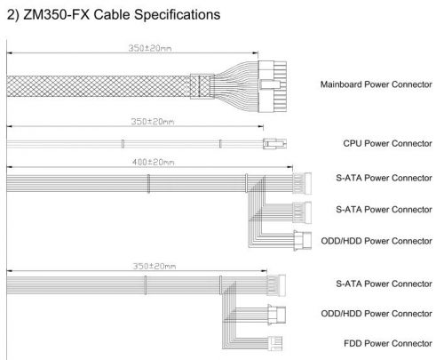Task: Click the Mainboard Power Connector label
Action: pyautogui.click(x=377, y=84)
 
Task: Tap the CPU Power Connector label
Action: pyautogui.click(x=387, y=143)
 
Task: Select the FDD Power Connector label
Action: pyautogui.click(x=388, y=343)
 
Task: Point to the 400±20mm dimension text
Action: pyautogui.click(x=153, y=162)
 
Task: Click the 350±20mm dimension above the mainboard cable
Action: pyautogui.click(x=150, y=48)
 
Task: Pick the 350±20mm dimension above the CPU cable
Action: pyautogui.click(x=153, y=122)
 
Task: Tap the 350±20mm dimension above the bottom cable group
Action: pyautogui.click(x=154, y=266)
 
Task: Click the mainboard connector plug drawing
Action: pyautogui.click(x=273, y=86)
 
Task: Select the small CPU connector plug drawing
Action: pyautogui.click(x=274, y=144)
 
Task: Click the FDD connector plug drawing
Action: pyautogui.click(x=275, y=343)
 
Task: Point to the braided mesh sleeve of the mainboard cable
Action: pyautogui.click(x=99, y=86)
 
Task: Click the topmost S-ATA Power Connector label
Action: pyautogui.click(x=384, y=178)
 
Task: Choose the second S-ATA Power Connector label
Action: pyautogui.click(x=384, y=210)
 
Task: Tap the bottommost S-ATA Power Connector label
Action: pyautogui.click(x=384, y=284)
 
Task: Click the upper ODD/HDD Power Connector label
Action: pyautogui.click(x=377, y=241)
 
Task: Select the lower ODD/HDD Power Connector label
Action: pyautogui.click(x=377, y=314)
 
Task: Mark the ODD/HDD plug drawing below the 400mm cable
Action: pyautogui.click(x=303, y=241)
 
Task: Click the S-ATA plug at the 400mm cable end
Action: pyautogui.click(x=302, y=183)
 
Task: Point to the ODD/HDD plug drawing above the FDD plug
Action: pyautogui.click(x=277, y=315)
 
